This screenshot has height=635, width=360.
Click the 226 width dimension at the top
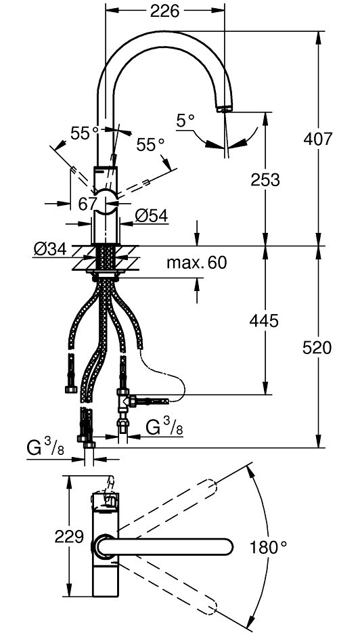pos(164,12)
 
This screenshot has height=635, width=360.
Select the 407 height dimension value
pos(318,139)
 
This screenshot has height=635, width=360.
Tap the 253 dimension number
pos(265,180)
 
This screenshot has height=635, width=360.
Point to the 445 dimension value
pos(264,321)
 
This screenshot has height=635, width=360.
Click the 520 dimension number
pos(317,348)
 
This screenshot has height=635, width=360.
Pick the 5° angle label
pos(186,121)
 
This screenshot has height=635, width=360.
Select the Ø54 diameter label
pos(152,216)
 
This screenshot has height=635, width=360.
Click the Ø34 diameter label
pos(50,249)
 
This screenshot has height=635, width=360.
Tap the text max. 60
pos(197,263)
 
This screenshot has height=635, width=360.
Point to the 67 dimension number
pos(88,204)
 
